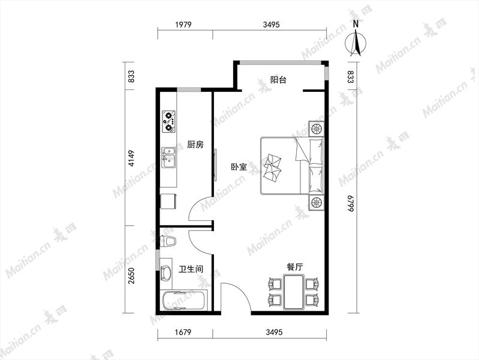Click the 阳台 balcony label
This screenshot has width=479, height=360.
[278, 80]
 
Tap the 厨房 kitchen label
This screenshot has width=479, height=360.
[195, 145]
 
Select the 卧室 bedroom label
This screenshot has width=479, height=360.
[239, 167]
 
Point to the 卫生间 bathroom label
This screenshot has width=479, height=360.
[191, 269]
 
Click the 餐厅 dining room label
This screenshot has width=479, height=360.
[295, 267]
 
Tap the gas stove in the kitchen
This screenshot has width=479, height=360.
[169, 121]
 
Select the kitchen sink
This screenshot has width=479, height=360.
[168, 158]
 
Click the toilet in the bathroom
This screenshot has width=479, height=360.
[168, 241]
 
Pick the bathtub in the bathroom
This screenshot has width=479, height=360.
[185, 301]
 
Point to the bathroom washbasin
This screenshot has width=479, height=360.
[166, 272]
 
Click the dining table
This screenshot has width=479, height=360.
[294, 292]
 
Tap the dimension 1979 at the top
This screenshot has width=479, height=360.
[183, 25]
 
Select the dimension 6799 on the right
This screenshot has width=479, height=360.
[350, 203]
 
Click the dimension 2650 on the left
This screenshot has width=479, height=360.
[131, 276]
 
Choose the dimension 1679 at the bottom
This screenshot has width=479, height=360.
[183, 332]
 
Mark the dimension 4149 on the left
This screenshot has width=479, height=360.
[131, 158]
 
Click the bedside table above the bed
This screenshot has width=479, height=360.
[317, 128]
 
